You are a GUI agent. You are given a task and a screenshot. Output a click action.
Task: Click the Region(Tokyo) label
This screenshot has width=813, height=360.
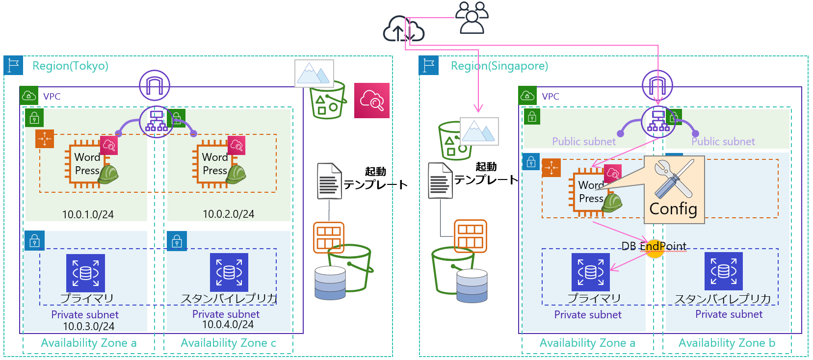(70, 66)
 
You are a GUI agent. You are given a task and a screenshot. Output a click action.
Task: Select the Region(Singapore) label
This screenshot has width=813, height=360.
(499, 66)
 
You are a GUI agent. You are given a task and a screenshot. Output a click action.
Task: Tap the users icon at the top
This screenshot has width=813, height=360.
(472, 18)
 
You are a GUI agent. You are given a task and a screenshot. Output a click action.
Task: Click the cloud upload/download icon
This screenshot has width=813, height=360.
(403, 29)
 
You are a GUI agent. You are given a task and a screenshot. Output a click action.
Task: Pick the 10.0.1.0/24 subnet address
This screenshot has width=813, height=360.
(88, 214)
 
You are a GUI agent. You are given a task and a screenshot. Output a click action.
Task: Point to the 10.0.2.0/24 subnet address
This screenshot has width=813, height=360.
(229, 214)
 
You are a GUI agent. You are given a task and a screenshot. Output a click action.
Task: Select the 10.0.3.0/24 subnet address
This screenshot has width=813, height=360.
(89, 326)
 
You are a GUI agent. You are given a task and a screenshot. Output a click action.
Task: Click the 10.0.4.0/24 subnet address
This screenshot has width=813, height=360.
(228, 324)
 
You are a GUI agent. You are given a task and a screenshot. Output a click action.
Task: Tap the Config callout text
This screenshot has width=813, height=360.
(673, 209)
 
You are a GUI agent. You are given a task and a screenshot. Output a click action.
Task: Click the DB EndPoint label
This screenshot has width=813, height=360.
(654, 246)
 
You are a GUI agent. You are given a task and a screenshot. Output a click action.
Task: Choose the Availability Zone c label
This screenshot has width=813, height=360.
(228, 343)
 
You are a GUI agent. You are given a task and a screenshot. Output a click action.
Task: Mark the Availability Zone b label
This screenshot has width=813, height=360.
(727, 343)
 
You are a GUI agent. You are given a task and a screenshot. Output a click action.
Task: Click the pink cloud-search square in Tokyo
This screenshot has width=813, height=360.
(372, 101)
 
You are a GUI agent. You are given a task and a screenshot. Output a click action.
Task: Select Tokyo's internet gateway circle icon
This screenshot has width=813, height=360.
(155, 85)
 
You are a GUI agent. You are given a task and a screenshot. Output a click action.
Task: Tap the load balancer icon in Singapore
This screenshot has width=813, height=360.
(658, 121)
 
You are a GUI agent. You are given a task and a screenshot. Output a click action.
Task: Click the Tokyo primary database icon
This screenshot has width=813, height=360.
(86, 273)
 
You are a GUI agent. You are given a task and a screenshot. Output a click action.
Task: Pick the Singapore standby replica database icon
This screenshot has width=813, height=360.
(724, 271)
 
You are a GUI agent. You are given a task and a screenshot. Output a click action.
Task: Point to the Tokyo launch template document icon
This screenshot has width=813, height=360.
(329, 181)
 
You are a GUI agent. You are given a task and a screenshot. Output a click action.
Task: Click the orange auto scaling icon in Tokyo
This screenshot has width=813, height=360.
(45, 139)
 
